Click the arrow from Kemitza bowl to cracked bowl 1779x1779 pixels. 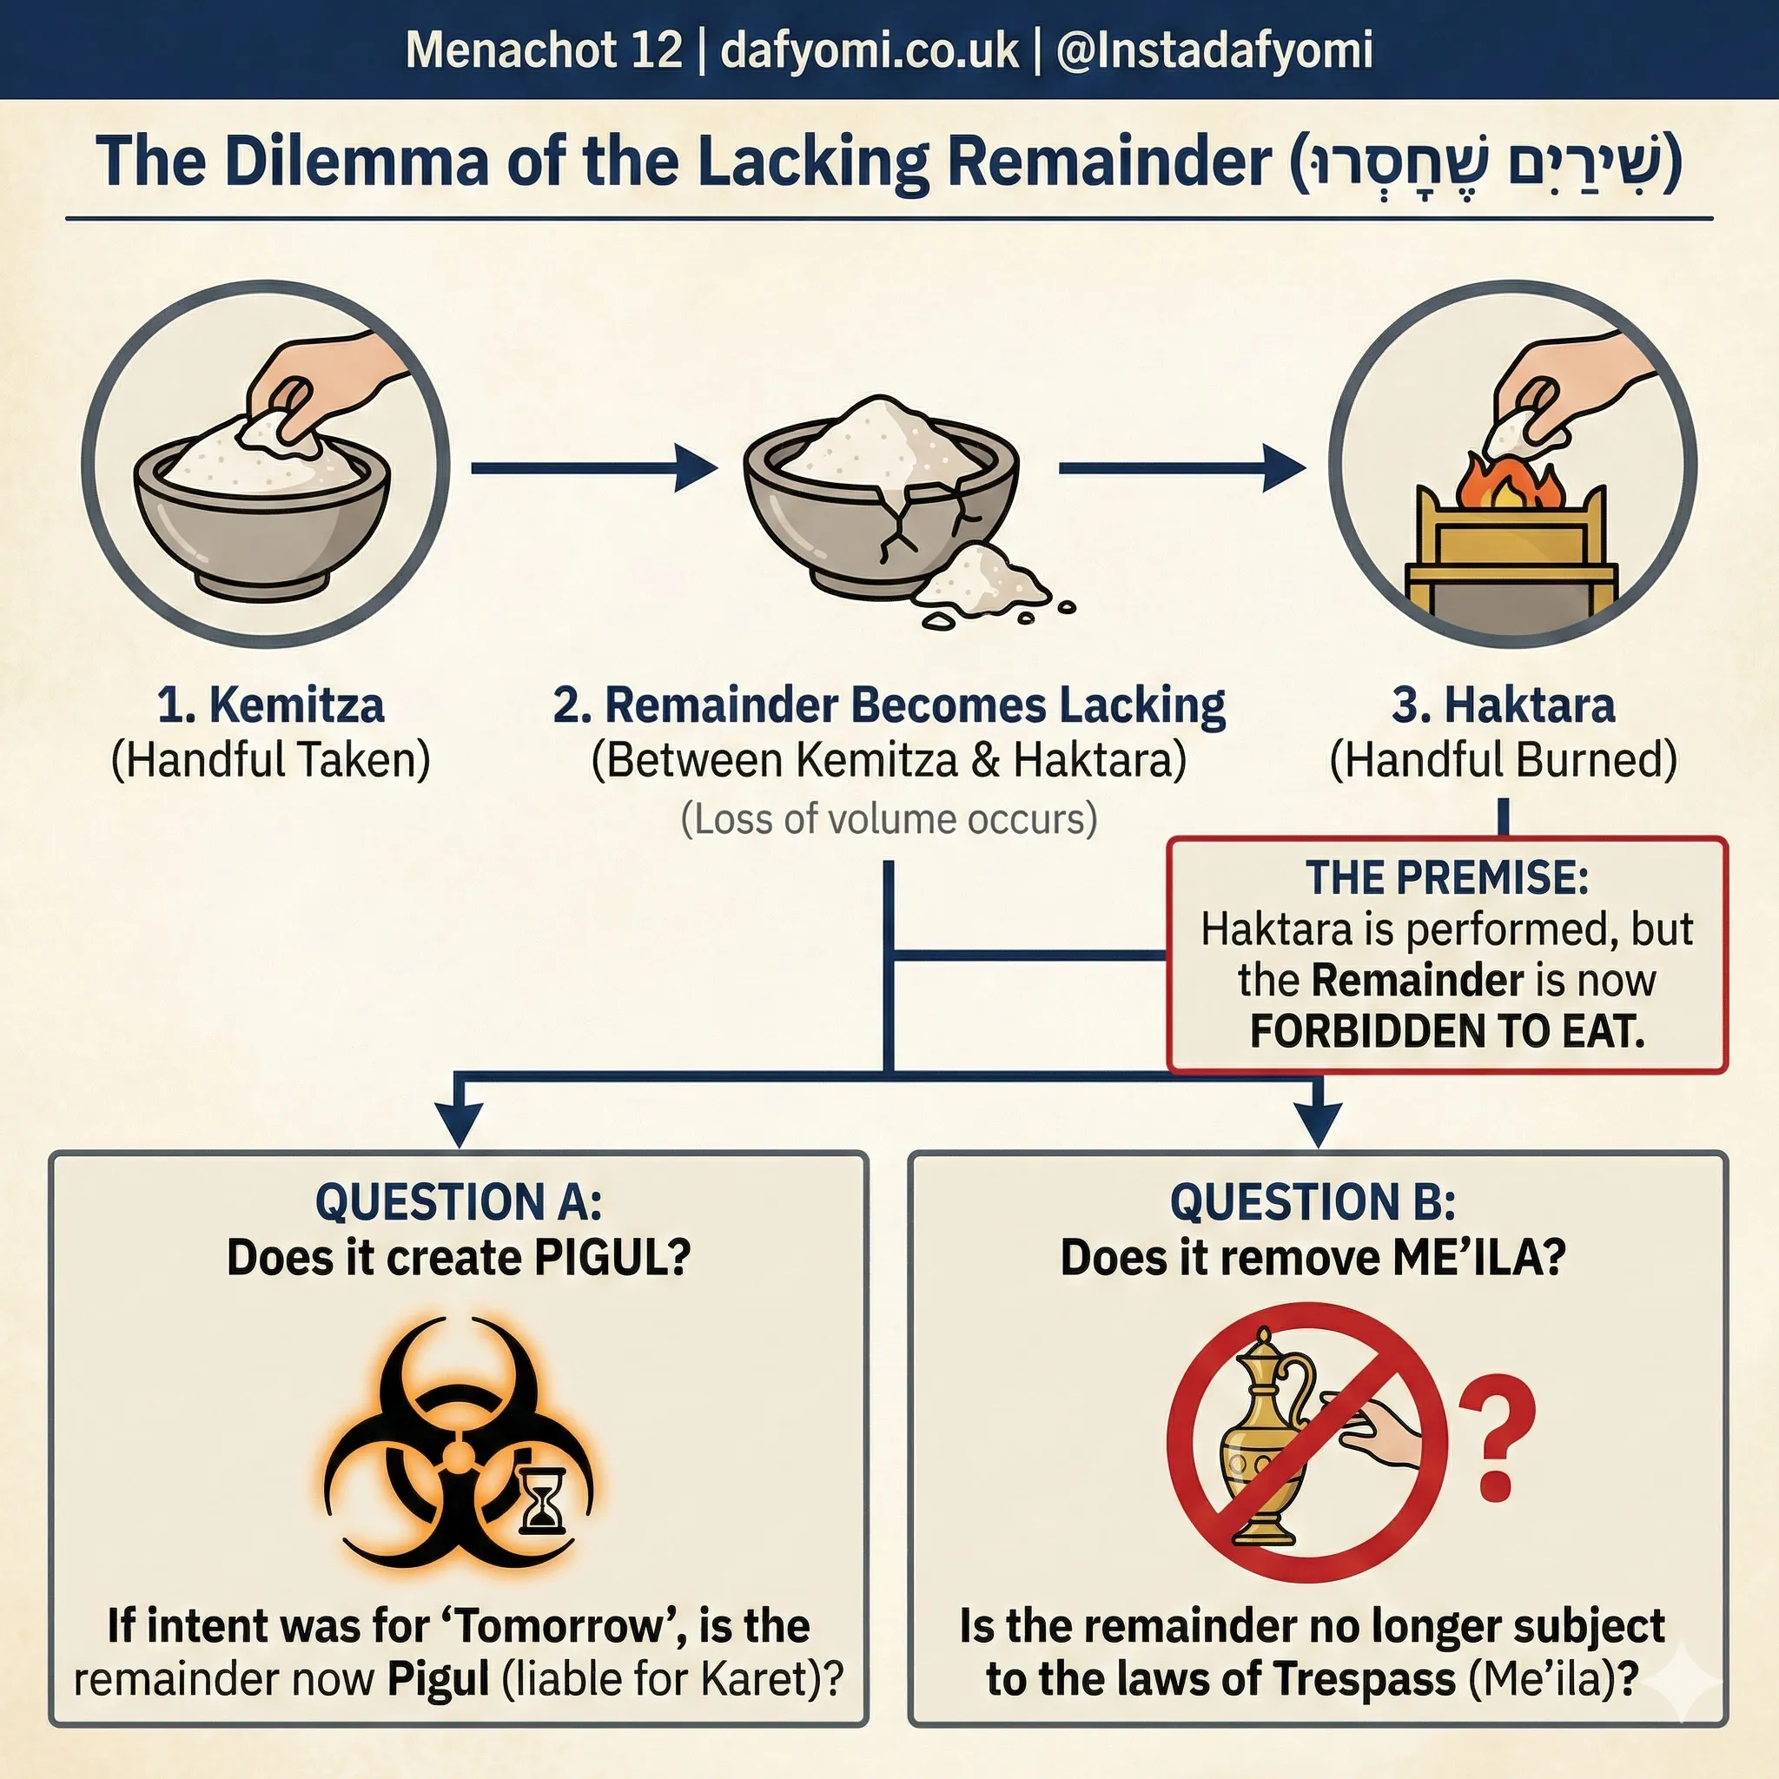click(594, 468)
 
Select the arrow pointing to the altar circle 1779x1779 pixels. click(1182, 468)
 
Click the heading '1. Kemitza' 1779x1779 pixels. click(270, 704)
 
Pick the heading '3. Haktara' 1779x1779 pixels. click(1503, 704)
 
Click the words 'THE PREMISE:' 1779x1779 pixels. click(1446, 876)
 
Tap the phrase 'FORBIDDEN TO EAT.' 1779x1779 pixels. click(1446, 1030)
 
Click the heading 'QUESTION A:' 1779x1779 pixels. click(458, 1201)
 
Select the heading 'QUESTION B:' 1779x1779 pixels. click(1313, 1201)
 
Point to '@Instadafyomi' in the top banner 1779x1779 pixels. click(1214, 50)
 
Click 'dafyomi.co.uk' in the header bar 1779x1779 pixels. click(870, 50)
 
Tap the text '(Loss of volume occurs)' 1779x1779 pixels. click(889, 818)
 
